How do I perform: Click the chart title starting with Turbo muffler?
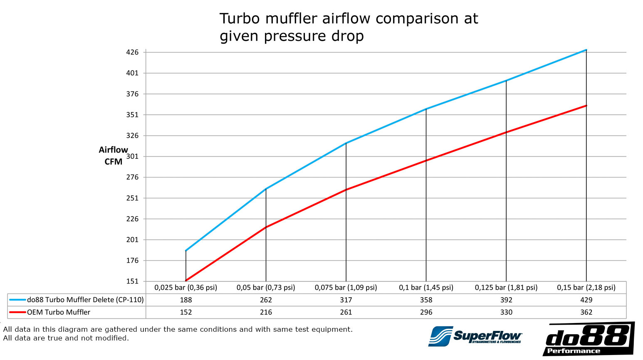coord(349,27)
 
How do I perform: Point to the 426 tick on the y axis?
coord(132,52)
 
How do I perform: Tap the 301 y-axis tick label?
coord(132,156)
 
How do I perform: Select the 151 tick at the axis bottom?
coord(132,281)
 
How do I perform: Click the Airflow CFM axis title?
coord(113,155)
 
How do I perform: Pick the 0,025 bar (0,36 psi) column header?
coord(186,287)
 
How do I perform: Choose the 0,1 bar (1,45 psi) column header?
coord(426,287)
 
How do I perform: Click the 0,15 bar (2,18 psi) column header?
coord(586,287)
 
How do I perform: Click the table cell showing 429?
coord(586,300)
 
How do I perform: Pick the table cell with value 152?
coord(186,312)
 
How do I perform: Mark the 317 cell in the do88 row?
coord(346,300)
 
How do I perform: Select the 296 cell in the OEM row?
coord(426,312)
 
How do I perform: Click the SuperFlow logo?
coord(475,336)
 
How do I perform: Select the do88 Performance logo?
coord(589,339)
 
